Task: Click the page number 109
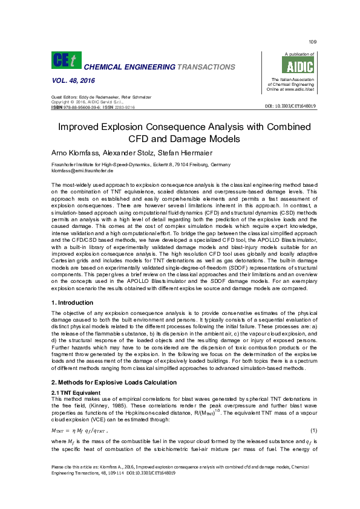[312, 41]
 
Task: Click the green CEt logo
[64, 60]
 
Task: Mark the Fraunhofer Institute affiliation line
[140, 165]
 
